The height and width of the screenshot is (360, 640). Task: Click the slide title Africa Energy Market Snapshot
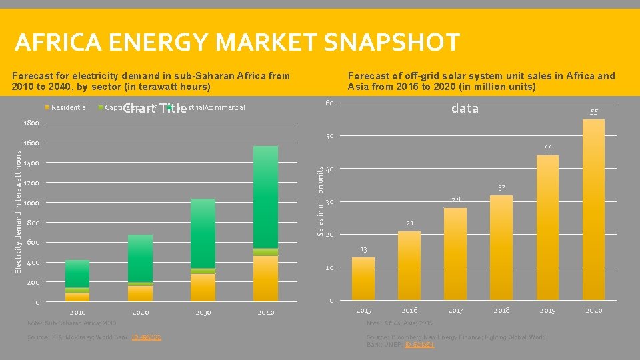pos(237,43)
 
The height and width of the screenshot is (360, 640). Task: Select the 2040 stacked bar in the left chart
pos(265,223)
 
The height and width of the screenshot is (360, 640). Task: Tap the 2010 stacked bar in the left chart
pos(77,280)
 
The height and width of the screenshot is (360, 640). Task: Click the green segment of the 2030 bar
pos(203,233)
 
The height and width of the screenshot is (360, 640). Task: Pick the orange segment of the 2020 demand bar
pos(140,293)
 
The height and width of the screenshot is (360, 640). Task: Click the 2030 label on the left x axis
pos(203,312)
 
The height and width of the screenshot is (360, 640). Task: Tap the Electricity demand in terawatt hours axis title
pos(19,210)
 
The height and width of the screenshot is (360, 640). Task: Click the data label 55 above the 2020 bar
pos(593,112)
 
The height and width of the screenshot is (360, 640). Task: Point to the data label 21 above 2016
pos(409,223)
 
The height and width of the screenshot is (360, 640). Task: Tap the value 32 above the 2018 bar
pos(501,187)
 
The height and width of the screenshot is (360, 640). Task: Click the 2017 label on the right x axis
pos(455,311)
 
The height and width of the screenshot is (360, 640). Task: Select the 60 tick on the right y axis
pos(329,103)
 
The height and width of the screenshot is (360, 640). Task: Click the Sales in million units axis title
pos(320,201)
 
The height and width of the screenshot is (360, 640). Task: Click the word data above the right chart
pos(465,109)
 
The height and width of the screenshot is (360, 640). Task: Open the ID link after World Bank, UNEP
pos(419,345)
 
